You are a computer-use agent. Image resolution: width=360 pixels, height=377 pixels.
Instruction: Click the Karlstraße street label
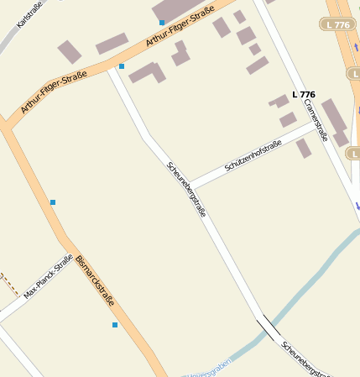click(x=29, y=13)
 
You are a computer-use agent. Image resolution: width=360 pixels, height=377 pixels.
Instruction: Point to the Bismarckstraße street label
click(x=95, y=280)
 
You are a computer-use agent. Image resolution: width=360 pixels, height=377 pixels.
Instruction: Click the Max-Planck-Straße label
click(x=48, y=277)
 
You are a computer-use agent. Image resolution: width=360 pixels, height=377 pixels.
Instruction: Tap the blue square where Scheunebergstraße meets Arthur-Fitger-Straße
click(x=122, y=65)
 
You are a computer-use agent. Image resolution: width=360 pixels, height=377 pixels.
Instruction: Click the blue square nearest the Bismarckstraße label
click(x=115, y=324)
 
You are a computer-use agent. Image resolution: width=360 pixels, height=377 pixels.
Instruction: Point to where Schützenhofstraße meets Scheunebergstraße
click(x=190, y=186)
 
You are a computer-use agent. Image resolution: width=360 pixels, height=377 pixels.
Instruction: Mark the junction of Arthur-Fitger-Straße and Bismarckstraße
click(x=8, y=126)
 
